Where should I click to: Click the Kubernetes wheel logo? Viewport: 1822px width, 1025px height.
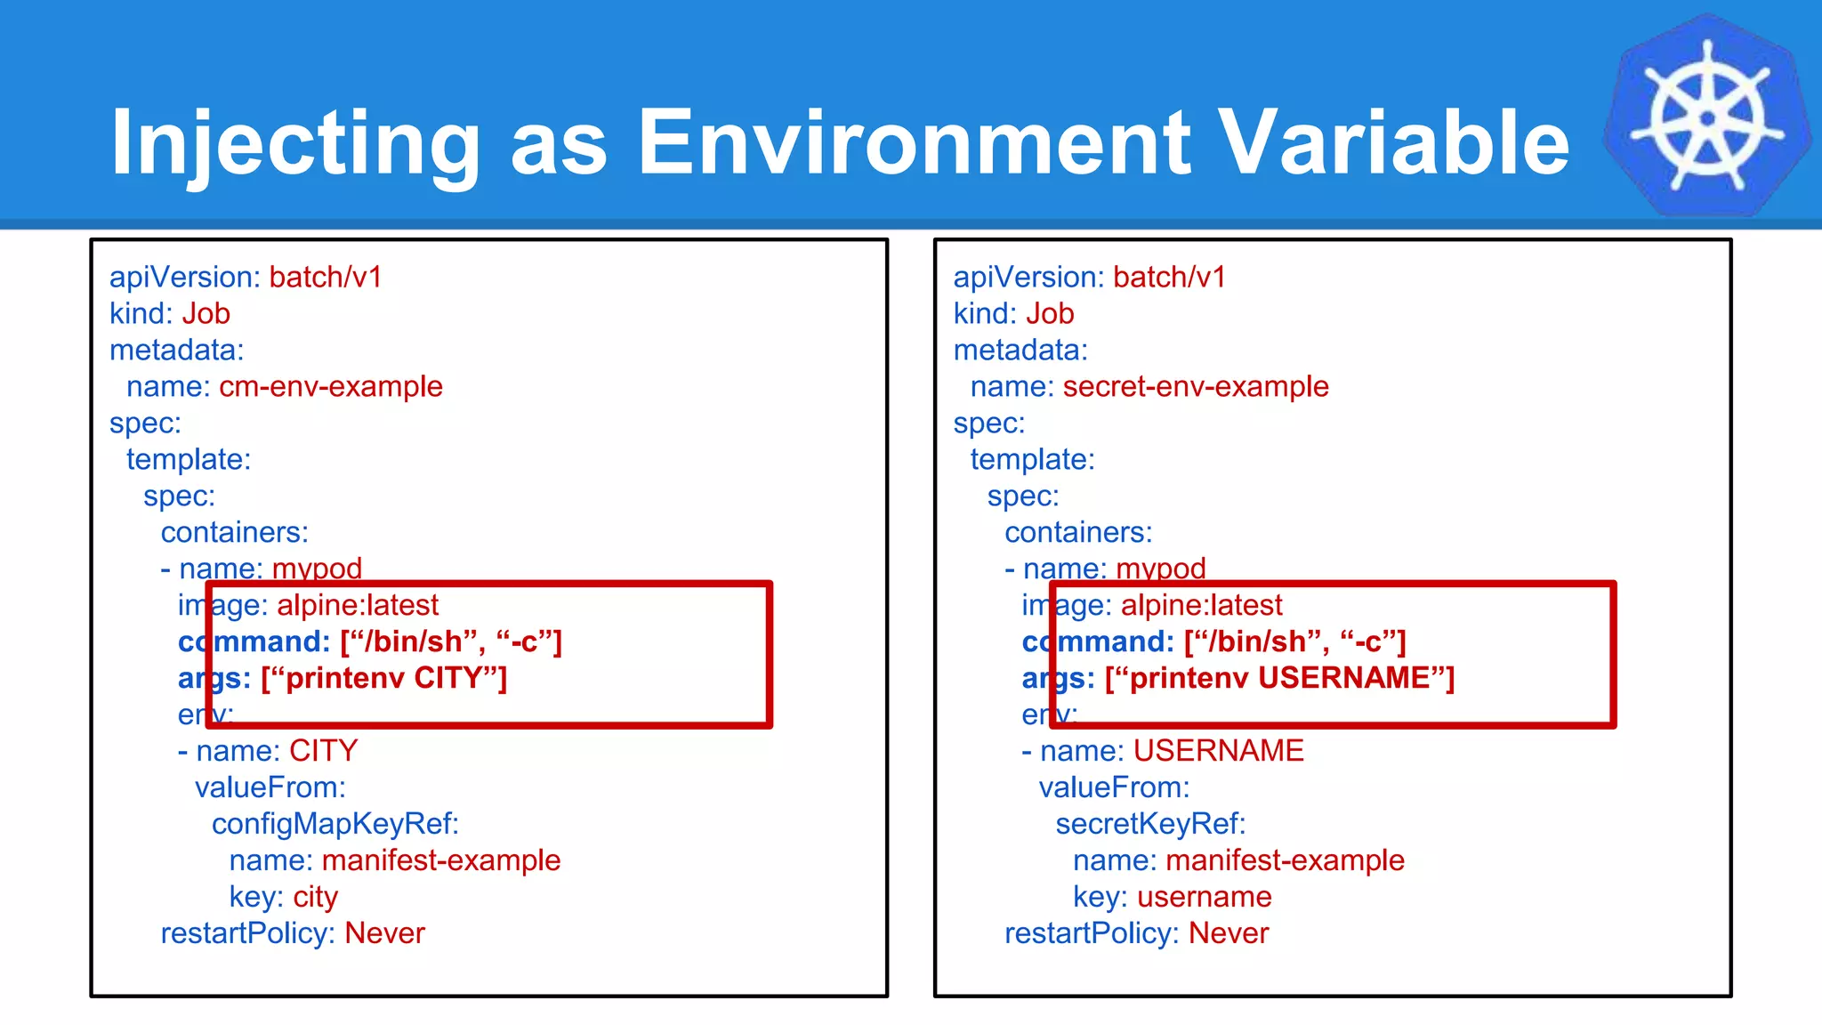click(1706, 117)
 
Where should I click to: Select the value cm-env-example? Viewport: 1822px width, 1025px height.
click(330, 387)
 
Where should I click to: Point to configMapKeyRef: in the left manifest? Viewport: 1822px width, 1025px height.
click(335, 824)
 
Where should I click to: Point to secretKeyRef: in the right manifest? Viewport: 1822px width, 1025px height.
click(1149, 824)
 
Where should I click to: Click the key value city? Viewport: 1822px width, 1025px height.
click(315, 897)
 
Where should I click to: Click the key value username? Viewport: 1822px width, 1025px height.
click(1204, 897)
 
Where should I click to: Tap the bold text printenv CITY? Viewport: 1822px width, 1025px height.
click(383, 678)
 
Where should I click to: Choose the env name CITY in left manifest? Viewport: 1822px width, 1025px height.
click(323, 751)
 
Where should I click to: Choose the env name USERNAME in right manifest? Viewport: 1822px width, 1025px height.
click(1218, 751)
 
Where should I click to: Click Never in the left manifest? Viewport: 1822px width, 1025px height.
click(384, 933)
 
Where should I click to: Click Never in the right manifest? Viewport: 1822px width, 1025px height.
click(1228, 933)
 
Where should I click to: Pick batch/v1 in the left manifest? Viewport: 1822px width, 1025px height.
click(326, 278)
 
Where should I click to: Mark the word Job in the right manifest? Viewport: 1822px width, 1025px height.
click(1050, 314)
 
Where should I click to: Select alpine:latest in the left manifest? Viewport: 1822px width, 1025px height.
click(358, 606)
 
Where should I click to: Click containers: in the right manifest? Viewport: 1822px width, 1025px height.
click(1077, 533)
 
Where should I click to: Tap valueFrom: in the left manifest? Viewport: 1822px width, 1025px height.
click(270, 787)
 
